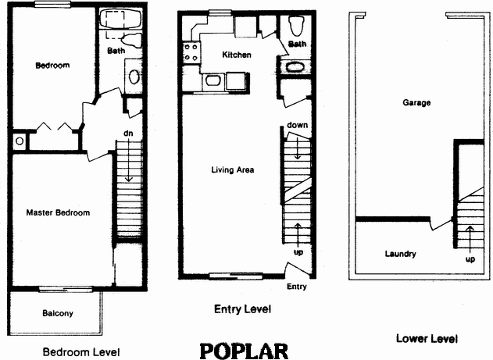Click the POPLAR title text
pyautogui.click(x=244, y=348)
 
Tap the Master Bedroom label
pyautogui.click(x=58, y=212)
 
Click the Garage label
pyautogui.click(x=416, y=103)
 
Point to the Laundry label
pyautogui.click(x=400, y=254)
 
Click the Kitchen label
pyautogui.click(x=237, y=55)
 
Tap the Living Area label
pyautogui.click(x=233, y=169)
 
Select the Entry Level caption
pyautogui.click(x=242, y=309)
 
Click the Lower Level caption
pyautogui.click(x=427, y=338)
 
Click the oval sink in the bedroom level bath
pyautogui.click(x=134, y=77)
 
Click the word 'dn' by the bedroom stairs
pyautogui.click(x=128, y=134)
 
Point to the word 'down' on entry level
pyautogui.click(x=296, y=125)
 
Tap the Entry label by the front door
pyautogui.click(x=297, y=287)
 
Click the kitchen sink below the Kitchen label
pyautogui.click(x=211, y=80)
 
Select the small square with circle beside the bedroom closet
pyautogui.click(x=18, y=141)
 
